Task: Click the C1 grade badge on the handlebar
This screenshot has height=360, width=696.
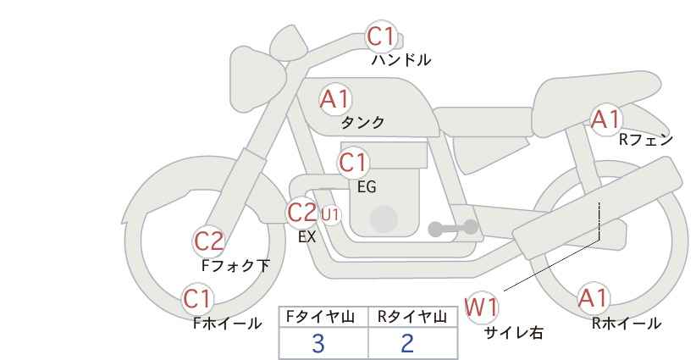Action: [381, 36]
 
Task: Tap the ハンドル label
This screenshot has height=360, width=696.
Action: [401, 60]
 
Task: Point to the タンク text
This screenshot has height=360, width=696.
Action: [362, 123]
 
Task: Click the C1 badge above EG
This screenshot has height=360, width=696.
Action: [353, 162]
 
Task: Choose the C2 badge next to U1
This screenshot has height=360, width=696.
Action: [302, 212]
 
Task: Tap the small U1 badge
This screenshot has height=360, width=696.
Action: [330, 214]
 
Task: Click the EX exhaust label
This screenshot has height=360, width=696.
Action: [307, 238]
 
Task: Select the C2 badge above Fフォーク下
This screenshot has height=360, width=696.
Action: [209, 241]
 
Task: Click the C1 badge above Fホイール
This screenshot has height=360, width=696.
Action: [198, 299]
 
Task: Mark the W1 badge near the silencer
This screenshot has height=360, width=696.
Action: [482, 307]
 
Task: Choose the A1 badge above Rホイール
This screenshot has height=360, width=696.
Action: [594, 299]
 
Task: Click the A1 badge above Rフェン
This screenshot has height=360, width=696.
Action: [606, 120]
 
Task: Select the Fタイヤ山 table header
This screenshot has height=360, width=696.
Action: [323, 317]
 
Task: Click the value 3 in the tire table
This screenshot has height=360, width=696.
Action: [318, 343]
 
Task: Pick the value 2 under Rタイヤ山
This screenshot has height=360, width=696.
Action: [408, 343]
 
